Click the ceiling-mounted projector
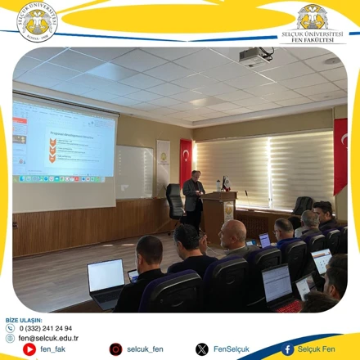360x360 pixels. (x=255, y=56)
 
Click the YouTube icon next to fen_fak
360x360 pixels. (x=29, y=349)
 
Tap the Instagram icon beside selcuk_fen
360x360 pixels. (x=115, y=349)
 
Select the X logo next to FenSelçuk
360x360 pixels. (x=201, y=349)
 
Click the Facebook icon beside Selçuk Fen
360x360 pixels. (x=288, y=349)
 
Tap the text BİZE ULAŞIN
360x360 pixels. (x=23, y=319)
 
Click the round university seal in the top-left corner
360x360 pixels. (x=38, y=20)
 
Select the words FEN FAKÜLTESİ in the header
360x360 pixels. (x=312, y=39)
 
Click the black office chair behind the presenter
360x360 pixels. (x=175, y=200)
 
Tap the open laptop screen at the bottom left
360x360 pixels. (x=106, y=277)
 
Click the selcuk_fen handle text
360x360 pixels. (x=146, y=349)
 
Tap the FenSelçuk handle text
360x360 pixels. (x=232, y=349)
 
